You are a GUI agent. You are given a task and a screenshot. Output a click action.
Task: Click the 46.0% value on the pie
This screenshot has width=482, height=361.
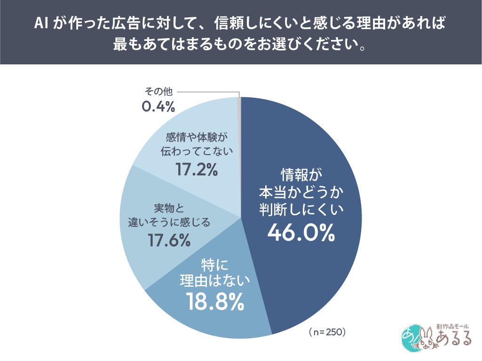click(301, 232)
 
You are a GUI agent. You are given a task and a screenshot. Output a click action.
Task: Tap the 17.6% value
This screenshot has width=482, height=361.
click(169, 240)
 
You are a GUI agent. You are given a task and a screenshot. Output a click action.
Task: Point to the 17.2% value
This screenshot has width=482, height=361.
click(197, 169)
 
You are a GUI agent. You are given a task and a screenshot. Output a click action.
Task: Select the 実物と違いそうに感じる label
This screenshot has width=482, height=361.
click(169, 214)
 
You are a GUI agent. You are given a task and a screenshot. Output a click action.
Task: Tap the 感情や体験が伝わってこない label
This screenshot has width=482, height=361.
click(197, 144)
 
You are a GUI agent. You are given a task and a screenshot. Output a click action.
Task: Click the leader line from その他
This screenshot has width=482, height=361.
click(209, 92)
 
